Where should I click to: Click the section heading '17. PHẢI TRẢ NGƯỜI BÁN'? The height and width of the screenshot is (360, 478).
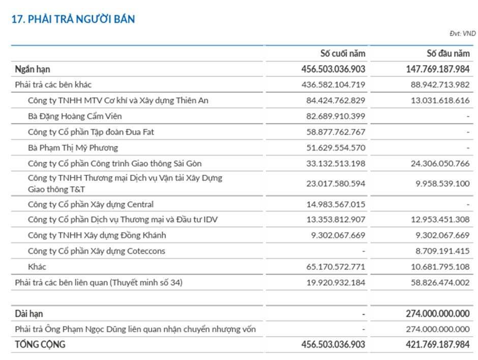coord(73,19)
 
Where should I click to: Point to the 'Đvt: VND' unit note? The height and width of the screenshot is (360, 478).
coord(462,34)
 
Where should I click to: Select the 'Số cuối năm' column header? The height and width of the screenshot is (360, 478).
coord(342,53)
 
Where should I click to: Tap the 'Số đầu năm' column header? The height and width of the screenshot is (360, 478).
coord(447,53)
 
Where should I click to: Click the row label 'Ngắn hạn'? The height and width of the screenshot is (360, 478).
coord(33,69)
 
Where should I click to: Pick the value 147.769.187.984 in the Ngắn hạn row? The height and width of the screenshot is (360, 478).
coord(438,69)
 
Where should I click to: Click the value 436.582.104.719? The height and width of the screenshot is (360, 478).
coord(334,85)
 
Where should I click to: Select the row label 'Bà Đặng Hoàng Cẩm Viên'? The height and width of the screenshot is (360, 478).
coord(75,116)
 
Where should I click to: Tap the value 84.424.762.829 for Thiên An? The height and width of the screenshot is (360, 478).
coord(336,101)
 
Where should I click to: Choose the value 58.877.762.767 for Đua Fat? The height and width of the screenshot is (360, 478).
coord(336,132)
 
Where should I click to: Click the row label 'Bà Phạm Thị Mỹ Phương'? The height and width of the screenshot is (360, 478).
coord(73,148)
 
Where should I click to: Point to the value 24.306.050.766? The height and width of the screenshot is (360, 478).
coord(440,164)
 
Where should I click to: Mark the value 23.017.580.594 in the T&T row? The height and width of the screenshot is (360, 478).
coord(336,184)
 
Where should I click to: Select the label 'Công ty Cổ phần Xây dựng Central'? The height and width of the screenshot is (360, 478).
coord(91,204)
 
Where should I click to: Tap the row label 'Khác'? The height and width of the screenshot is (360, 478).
coord(37,266)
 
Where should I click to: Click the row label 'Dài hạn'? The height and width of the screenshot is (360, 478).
coord(29,314)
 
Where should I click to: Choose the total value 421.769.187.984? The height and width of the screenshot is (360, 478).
coord(438,345)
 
